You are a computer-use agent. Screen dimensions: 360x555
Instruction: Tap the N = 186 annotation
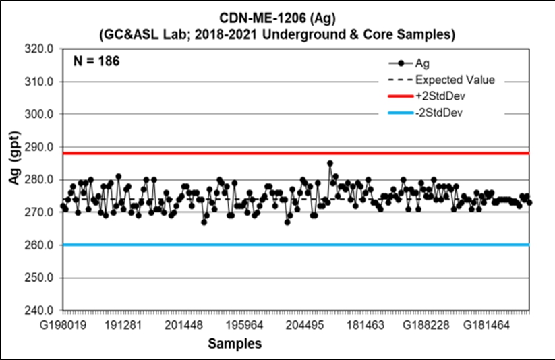tap(96, 61)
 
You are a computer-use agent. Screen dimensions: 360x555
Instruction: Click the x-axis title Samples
tap(235, 344)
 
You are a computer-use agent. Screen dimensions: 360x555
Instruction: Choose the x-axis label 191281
tap(123, 326)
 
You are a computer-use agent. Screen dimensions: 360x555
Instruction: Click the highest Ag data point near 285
tap(330, 163)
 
